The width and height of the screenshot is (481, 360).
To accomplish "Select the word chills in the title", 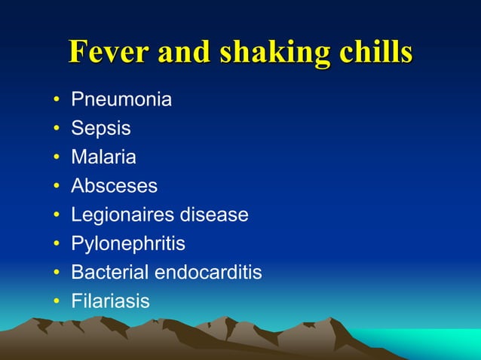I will pos(376,52).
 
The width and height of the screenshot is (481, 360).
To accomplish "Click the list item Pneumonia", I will pos(121,99).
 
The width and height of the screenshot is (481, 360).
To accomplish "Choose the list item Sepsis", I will pos(100,129).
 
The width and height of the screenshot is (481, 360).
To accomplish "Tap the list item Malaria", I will pos(103,157).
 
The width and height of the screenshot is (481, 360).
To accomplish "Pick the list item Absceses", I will pos(114,186).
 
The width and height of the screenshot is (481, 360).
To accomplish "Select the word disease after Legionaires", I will pos(214,215).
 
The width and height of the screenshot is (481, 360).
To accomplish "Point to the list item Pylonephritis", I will pos(127,244).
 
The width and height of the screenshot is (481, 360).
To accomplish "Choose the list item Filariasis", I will pos(110,301).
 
